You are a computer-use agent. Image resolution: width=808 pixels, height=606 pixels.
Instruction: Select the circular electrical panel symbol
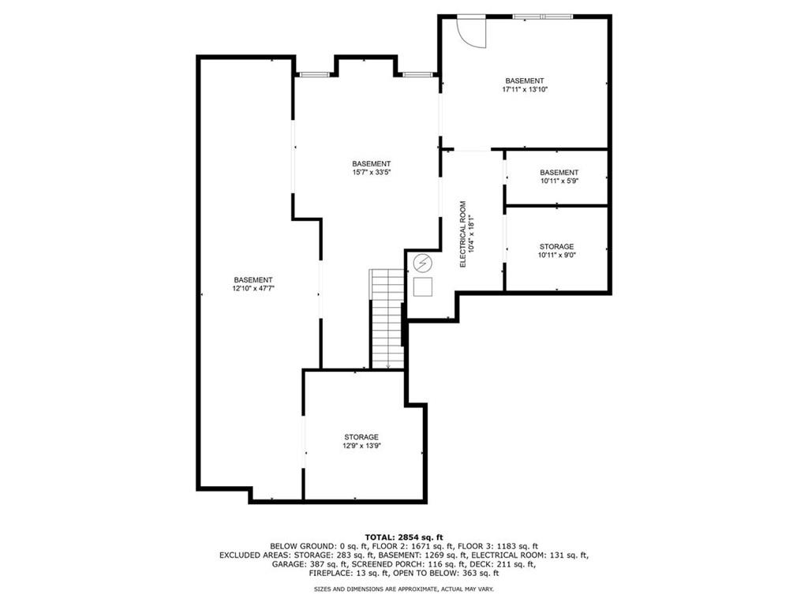424,262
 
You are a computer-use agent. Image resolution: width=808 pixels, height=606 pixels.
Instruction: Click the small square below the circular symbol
424,286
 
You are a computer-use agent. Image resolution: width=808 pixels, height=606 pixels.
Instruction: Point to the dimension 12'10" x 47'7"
253,290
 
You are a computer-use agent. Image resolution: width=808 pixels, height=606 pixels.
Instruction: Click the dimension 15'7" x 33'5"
372,174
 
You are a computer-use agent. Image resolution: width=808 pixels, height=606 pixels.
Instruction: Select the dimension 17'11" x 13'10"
525,90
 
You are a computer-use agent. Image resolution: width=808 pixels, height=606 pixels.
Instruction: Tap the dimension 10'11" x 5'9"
559,181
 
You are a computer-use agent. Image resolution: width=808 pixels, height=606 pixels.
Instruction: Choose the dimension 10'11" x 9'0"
556,256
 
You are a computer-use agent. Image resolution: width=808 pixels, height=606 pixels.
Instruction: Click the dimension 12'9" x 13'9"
361,447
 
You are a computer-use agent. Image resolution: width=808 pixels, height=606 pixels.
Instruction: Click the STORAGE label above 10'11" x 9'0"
556,246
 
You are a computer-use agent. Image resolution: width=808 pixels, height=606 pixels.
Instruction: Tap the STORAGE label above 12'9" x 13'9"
361,437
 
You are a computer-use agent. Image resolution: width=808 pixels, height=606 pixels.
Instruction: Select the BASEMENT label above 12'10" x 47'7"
253,280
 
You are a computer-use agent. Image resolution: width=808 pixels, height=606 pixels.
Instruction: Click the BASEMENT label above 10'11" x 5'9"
559,172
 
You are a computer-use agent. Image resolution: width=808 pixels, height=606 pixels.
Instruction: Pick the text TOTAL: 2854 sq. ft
404,537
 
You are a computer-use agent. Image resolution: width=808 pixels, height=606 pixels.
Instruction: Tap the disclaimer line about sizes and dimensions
404,589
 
